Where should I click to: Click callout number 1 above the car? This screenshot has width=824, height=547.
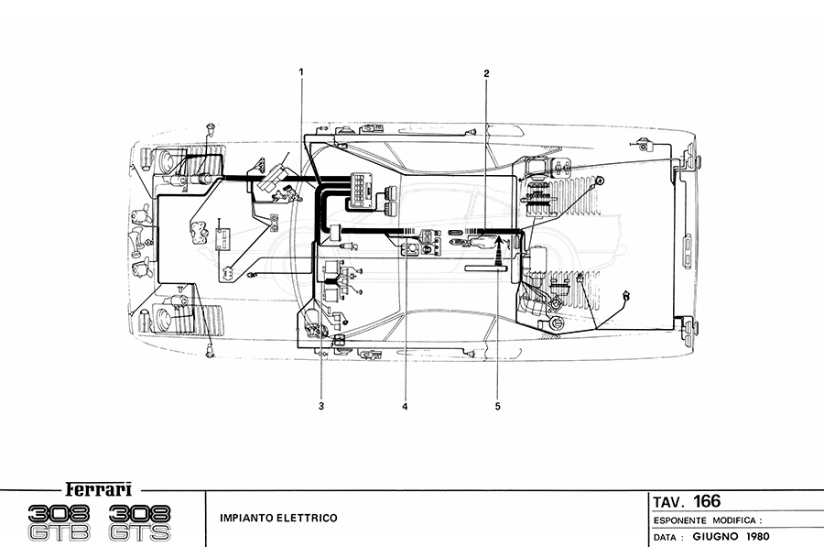tap(301, 71)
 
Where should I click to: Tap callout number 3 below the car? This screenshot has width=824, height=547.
tap(321, 404)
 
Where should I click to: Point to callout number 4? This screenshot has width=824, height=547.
tap(403, 404)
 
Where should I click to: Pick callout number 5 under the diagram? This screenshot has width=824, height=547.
tap(498, 404)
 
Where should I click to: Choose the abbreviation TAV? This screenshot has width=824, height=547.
tap(669, 501)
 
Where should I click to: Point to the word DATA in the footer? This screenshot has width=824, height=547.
tap(667, 537)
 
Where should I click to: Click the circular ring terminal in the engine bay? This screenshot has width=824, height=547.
tap(601, 182)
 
